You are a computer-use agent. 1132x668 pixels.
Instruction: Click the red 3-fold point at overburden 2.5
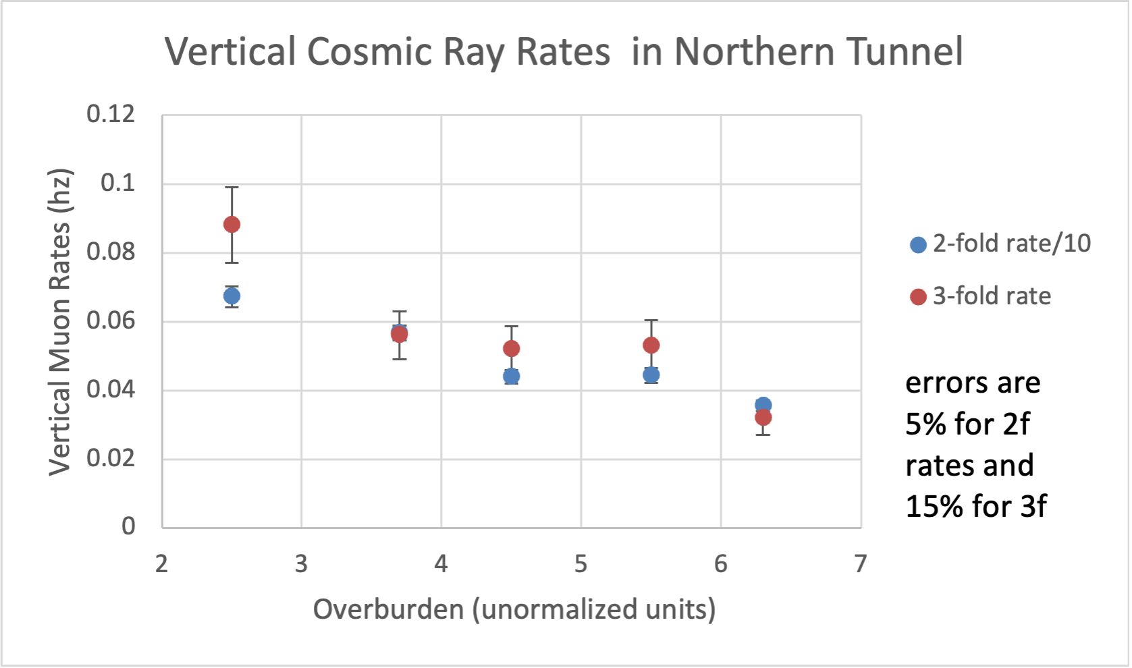pos(232,224)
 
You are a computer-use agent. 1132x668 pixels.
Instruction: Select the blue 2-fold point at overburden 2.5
pos(232,296)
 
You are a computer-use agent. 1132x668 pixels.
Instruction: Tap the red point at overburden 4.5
pos(511,348)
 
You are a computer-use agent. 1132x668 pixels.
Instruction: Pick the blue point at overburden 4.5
pos(511,376)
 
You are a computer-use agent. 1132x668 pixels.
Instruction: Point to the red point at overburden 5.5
pos(651,345)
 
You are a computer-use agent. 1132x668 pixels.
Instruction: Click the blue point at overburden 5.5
pos(651,374)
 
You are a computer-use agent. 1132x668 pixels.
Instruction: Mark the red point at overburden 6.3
pos(763,418)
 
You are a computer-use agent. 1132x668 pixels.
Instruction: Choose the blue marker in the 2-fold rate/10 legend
pos(918,244)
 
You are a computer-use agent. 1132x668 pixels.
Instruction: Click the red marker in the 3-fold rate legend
pos(918,297)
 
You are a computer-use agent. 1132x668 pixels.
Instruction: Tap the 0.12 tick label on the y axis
pos(111,114)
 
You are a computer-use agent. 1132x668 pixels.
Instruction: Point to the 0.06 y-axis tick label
pos(111,321)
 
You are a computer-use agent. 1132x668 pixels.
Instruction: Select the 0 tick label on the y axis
pos(128,526)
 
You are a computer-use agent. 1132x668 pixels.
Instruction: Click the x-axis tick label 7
pos(860,563)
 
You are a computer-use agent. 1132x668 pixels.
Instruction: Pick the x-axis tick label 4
pos(441,563)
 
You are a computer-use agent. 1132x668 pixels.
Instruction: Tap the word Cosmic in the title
pos(369,51)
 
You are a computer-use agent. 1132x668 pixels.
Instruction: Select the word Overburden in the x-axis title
pos(387,609)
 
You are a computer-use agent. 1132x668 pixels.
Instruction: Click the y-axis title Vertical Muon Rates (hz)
pos(60,322)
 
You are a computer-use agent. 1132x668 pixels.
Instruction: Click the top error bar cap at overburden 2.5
pos(232,187)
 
